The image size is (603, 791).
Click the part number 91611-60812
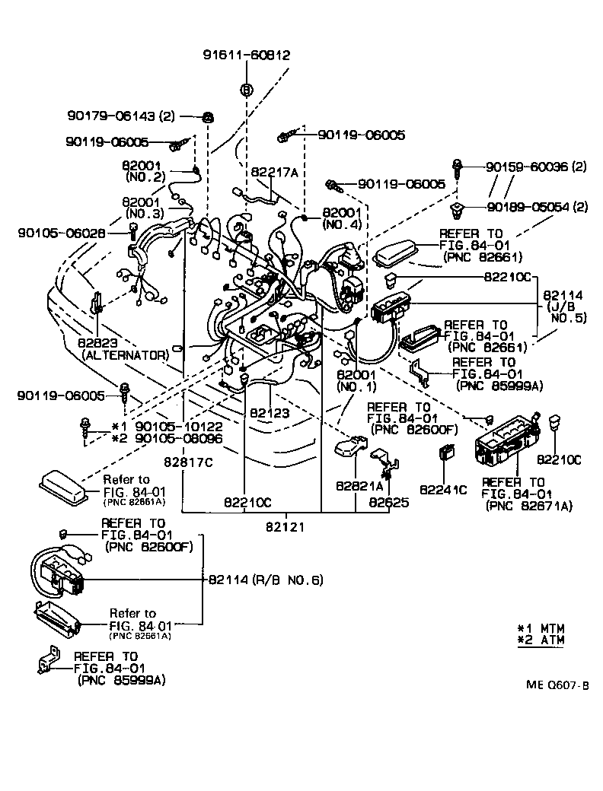pyautogui.click(x=246, y=55)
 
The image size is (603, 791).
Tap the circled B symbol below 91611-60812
pyautogui.click(x=246, y=90)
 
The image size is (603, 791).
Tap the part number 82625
pyautogui.click(x=389, y=502)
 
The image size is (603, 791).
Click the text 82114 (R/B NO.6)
pyautogui.click(x=266, y=580)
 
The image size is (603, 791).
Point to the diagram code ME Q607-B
pyautogui.click(x=557, y=685)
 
